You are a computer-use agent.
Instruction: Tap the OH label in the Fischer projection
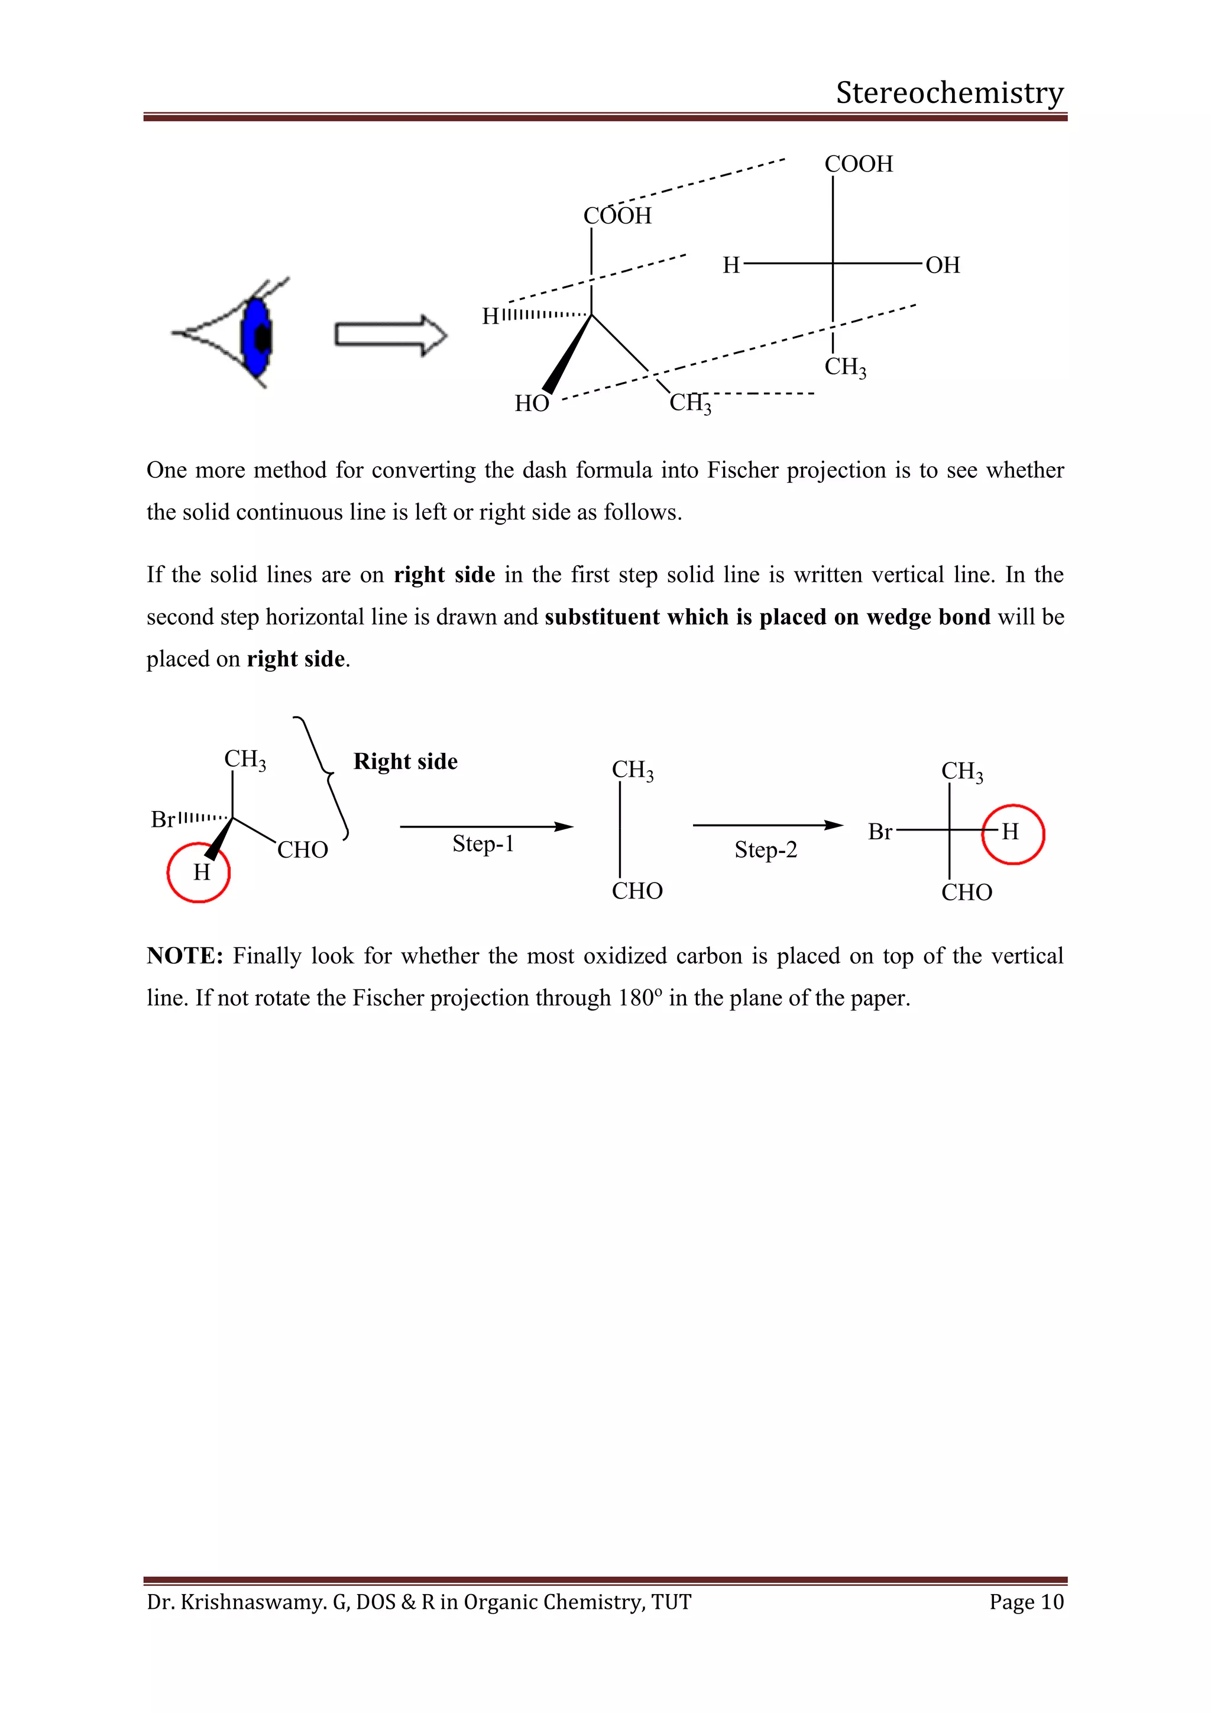[x=943, y=265]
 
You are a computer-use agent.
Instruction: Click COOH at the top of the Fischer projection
[x=859, y=163]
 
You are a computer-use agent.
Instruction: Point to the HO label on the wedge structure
[x=532, y=403]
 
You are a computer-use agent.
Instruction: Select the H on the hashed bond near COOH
[x=490, y=316]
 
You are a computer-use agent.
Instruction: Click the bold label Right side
[x=405, y=761]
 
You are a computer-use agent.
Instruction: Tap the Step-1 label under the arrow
[x=483, y=844]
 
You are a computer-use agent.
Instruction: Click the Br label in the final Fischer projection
[x=880, y=832]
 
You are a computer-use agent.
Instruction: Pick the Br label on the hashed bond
[x=163, y=820]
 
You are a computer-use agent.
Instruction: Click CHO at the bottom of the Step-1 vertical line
[x=637, y=891]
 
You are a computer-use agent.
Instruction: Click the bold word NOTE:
[x=184, y=956]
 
